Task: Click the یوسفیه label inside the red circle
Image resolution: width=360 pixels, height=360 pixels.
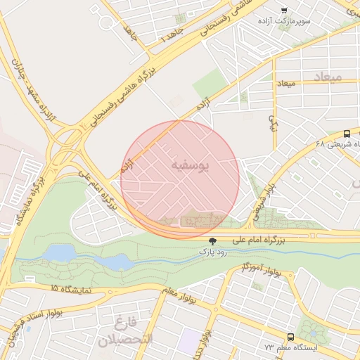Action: click(190, 165)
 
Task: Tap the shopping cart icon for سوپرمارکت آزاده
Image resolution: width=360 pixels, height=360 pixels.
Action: click(284, 10)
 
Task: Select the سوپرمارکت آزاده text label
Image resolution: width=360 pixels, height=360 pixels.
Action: click(304, 22)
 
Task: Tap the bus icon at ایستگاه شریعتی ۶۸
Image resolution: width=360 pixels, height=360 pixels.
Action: click(347, 134)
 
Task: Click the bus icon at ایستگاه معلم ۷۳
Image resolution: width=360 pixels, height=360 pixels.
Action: click(290, 337)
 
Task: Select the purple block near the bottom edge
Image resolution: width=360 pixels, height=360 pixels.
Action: click(188, 341)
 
